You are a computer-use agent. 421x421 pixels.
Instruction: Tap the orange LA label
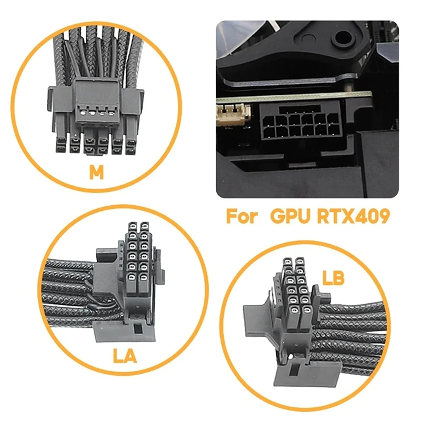[125, 356]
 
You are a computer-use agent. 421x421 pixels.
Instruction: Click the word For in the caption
[241, 216]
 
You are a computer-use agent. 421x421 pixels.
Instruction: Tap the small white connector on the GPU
[228, 112]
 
